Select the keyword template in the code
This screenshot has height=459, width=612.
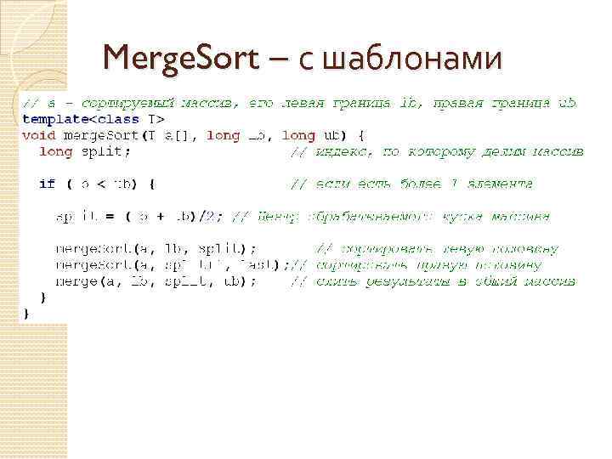pos(53,120)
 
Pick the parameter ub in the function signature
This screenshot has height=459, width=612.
pos(331,135)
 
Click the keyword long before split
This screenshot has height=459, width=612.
pos(56,151)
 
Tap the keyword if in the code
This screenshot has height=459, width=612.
pos(47,183)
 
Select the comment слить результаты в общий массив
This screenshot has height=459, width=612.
pos(433,280)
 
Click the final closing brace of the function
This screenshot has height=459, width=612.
pos(25,312)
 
